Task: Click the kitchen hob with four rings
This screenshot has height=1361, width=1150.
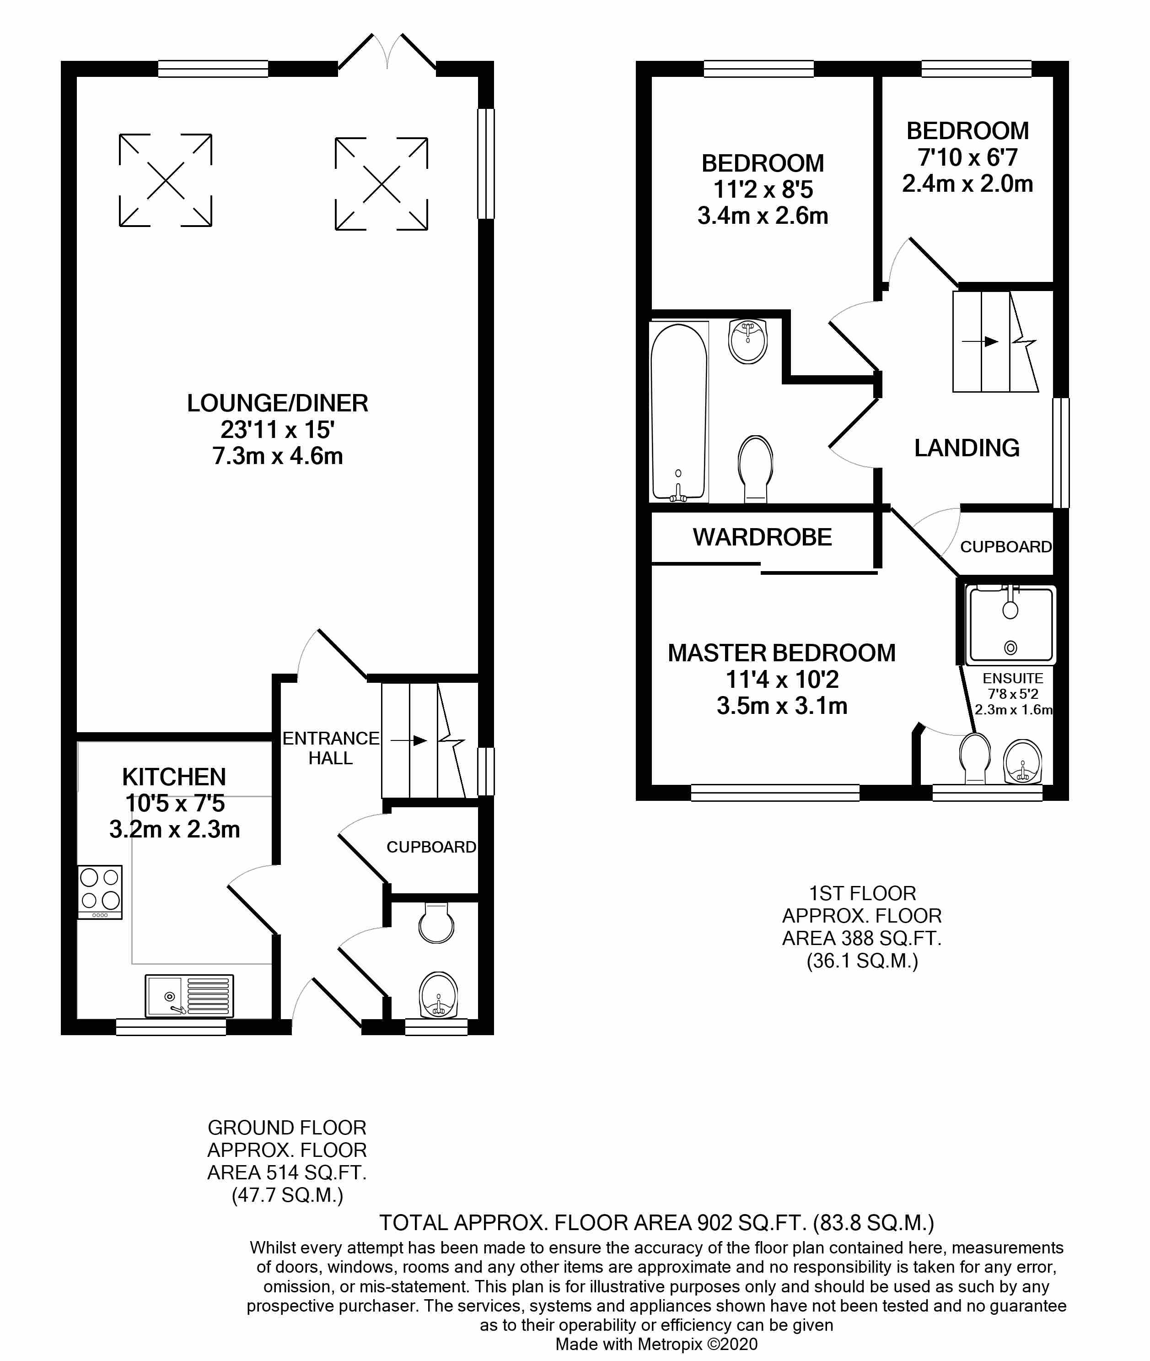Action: pos(100,891)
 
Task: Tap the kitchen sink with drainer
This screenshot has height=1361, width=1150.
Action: pos(189,996)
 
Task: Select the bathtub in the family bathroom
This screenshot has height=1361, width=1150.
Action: pos(679,412)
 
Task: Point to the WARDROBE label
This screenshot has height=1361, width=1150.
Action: pos(762,537)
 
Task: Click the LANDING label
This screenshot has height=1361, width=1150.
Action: pos(967,448)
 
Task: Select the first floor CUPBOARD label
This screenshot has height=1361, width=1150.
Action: pos(1006,546)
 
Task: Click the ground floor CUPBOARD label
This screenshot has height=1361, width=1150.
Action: pos(431,847)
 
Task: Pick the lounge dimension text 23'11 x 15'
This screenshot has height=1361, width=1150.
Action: pos(278,430)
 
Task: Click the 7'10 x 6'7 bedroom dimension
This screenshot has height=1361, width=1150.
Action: pos(967,157)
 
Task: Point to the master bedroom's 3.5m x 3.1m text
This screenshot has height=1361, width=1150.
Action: pos(782,706)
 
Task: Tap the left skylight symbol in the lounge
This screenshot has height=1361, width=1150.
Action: pos(166,180)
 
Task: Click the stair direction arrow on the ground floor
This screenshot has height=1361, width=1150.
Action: pos(409,740)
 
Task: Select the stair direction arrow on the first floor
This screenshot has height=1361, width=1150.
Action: pos(980,341)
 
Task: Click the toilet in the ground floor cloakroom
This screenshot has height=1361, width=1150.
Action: pos(436,922)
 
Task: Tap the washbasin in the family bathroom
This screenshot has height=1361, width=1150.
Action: pos(748,340)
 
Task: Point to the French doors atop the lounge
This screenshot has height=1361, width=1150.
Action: pos(387,52)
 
